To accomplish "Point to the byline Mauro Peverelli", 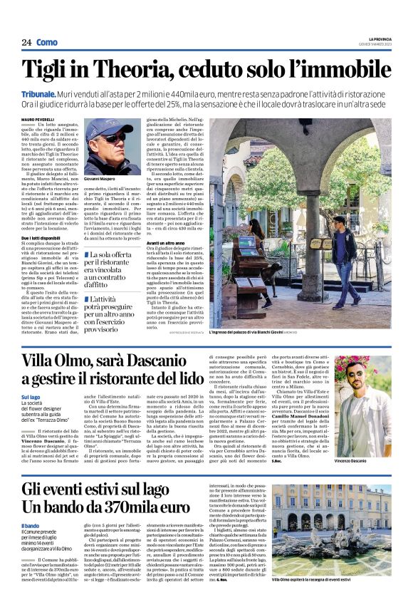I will [37, 118].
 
